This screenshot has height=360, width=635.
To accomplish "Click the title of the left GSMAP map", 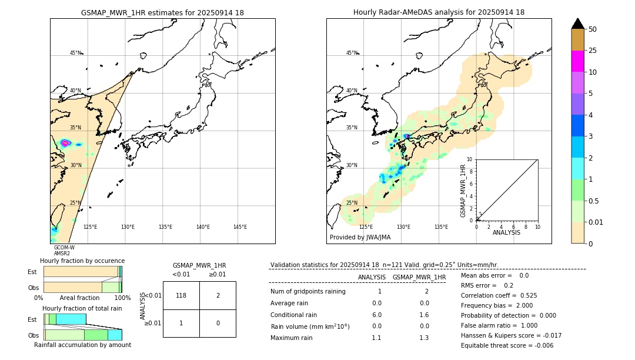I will click(162, 12).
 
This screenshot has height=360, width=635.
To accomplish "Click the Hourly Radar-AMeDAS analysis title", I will click(439, 12).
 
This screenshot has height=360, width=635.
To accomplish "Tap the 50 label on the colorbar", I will click(593, 29).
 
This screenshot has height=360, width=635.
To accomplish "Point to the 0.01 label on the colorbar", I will click(596, 222).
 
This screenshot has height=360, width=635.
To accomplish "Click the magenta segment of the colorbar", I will click(577, 61).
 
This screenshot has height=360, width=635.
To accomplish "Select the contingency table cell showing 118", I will click(181, 295).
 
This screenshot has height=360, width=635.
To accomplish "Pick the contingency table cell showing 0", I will click(218, 323).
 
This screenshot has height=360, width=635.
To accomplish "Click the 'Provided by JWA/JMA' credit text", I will click(360, 237).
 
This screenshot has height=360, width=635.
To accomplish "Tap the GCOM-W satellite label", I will click(64, 248).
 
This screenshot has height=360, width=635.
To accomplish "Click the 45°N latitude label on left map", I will click(76, 53).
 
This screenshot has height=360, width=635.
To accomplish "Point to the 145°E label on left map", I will click(240, 227).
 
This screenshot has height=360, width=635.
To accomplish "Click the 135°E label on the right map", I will click(441, 227).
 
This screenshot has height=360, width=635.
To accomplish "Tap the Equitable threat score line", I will click(507, 345).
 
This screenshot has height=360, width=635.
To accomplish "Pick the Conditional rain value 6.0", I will click(377, 315).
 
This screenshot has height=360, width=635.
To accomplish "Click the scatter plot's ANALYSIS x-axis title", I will click(506, 232).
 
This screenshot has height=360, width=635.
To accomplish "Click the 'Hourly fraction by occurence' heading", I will click(82, 261).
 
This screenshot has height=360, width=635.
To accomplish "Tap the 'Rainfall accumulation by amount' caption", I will click(82, 345).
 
